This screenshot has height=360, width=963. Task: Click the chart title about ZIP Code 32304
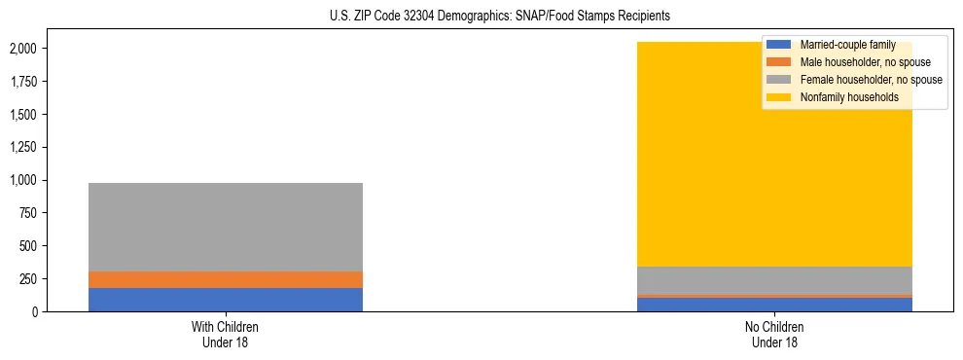pos(481,17)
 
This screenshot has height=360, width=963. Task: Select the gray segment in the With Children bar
pos(226,227)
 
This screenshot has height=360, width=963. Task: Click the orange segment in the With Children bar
pos(226,279)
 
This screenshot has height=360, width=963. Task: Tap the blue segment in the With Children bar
pos(226,300)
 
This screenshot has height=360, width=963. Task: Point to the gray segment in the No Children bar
pos(774,279)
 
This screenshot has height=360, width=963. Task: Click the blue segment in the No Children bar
pos(774,305)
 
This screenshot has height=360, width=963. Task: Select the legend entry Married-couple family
pos(845,45)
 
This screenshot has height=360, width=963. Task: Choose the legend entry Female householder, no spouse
pos(870,80)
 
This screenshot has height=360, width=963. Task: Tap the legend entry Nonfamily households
pos(842,97)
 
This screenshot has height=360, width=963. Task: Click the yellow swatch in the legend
pos(779,97)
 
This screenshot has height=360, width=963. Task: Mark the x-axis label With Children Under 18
pos(226,334)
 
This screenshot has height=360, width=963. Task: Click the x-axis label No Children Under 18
pos(774,334)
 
